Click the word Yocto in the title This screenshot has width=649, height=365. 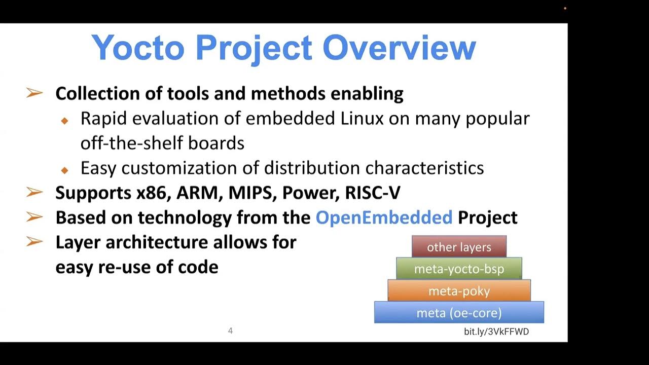pyautogui.click(x=138, y=48)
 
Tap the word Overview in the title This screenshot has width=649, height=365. pyautogui.click(x=399, y=48)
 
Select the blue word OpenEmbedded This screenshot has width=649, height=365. pyautogui.click(x=384, y=217)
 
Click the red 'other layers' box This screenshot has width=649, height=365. pyautogui.click(x=459, y=247)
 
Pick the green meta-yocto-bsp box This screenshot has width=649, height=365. pyautogui.click(x=459, y=269)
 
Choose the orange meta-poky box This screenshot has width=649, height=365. pyautogui.click(x=459, y=291)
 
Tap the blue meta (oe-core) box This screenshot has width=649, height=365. pyautogui.click(x=459, y=313)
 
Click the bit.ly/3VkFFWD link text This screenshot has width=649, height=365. pyautogui.click(x=496, y=332)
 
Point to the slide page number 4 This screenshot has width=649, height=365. pyautogui.click(x=230, y=331)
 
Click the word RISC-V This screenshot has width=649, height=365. pyautogui.click(x=373, y=193)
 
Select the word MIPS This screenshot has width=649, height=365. pyautogui.click(x=252, y=193)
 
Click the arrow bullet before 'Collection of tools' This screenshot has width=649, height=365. pyautogui.click(x=34, y=93)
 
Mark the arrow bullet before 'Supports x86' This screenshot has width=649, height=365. pyautogui.click(x=34, y=193)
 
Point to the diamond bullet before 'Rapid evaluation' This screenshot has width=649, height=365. pyautogui.click(x=64, y=121)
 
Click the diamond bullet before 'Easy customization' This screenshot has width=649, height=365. pyautogui.click(x=64, y=170)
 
